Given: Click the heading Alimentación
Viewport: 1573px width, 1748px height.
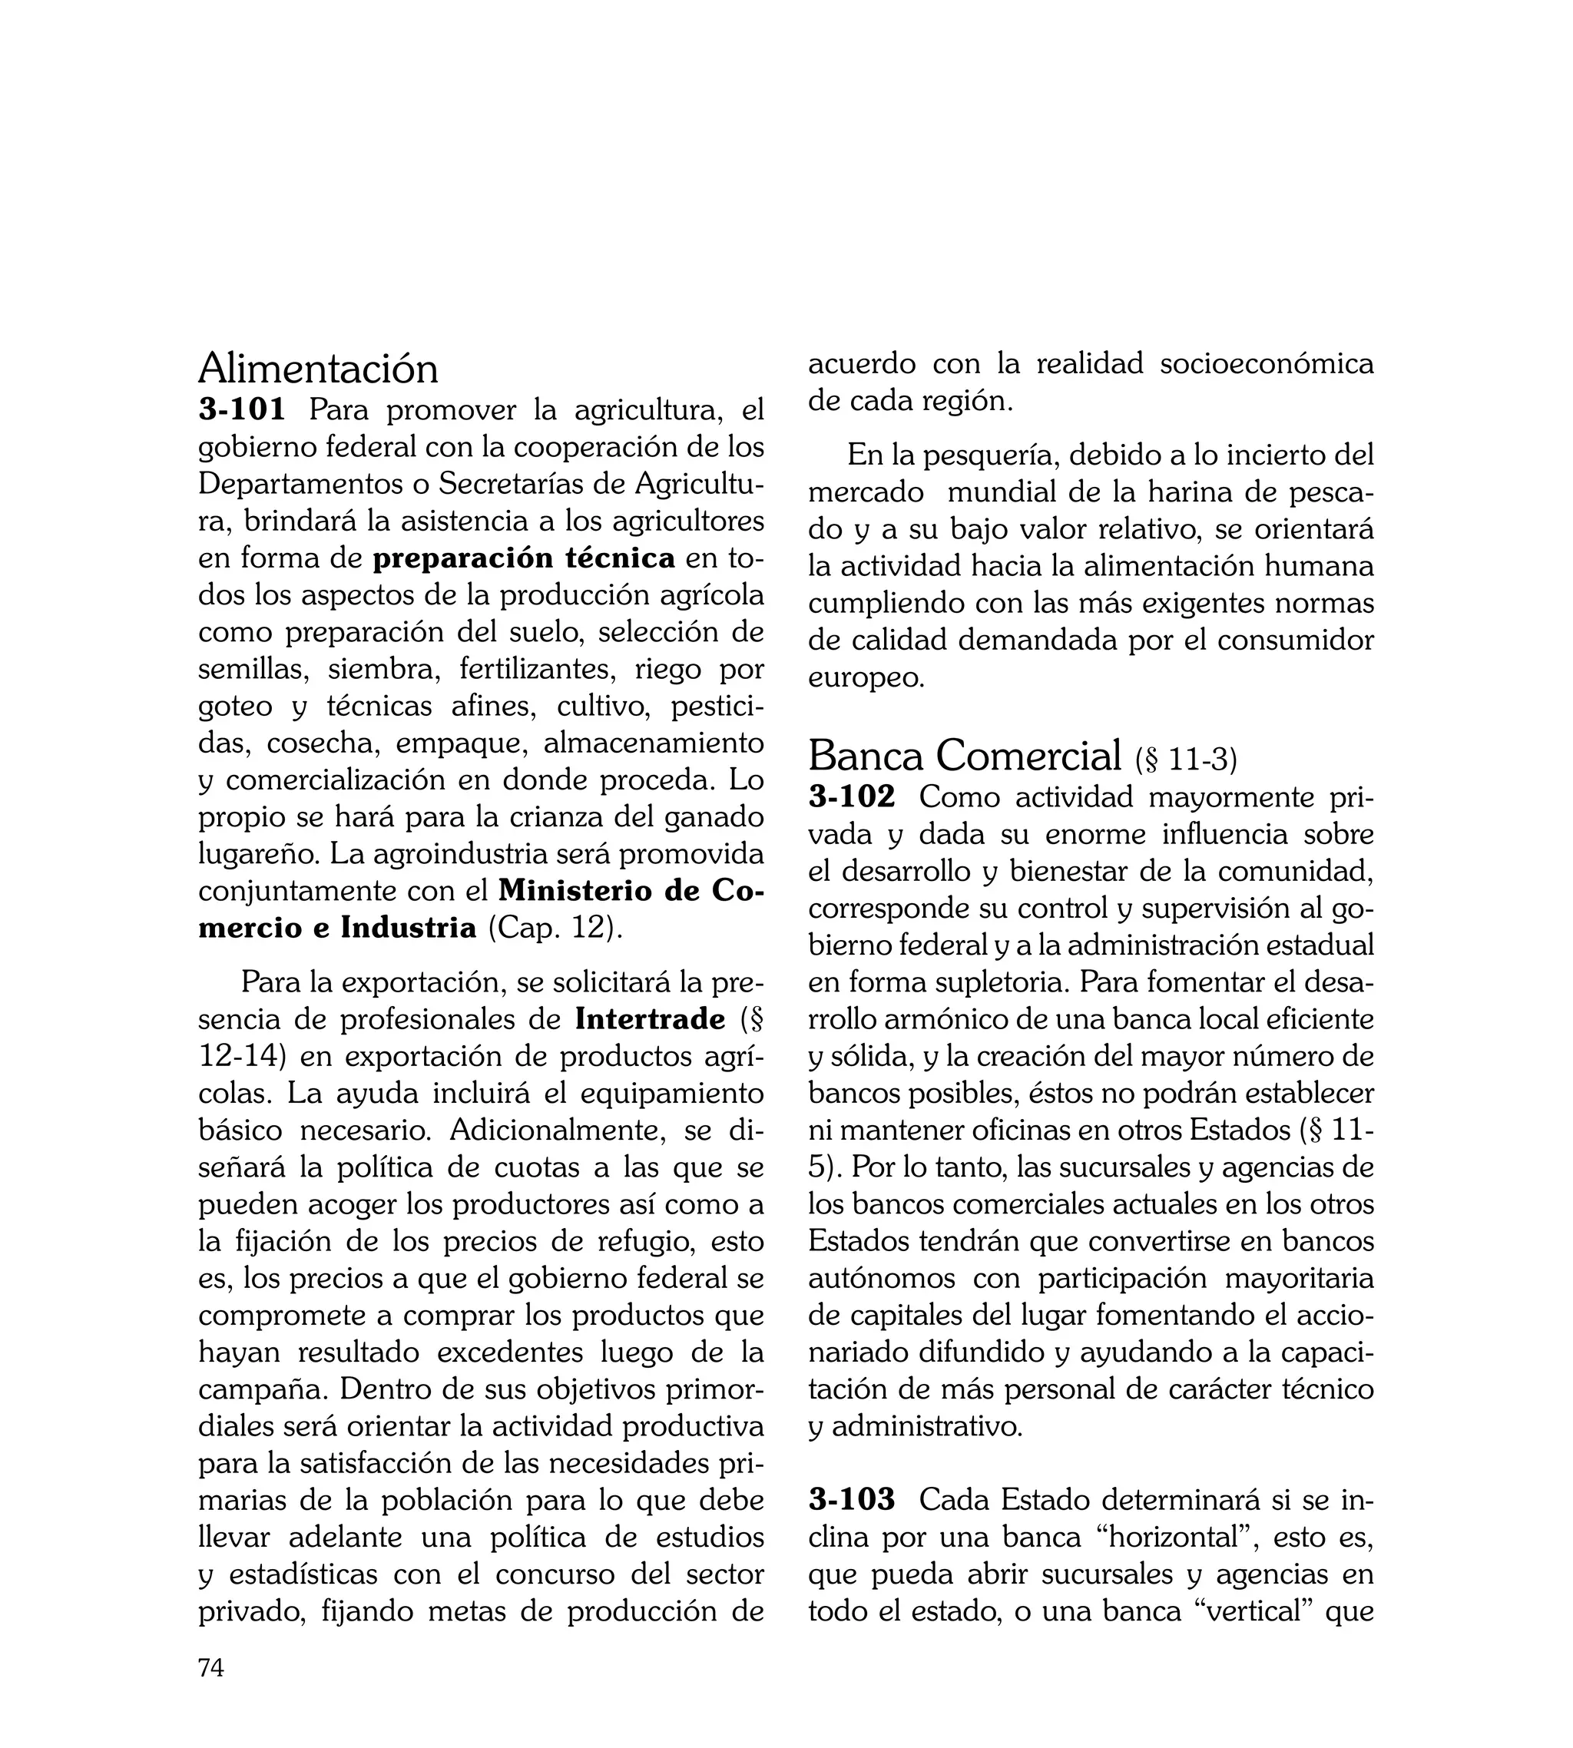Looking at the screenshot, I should click(318, 369).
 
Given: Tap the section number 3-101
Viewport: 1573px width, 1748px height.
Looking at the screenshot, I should click(242, 409).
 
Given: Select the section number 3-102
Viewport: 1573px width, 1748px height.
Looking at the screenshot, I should click(853, 796).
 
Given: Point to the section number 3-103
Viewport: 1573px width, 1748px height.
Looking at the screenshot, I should click(853, 1499).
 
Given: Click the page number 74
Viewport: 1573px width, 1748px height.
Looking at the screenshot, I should click(211, 1668).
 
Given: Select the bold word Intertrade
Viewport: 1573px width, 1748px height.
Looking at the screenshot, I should click(650, 1020).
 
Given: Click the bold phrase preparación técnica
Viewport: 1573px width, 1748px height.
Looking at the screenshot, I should click(524, 558).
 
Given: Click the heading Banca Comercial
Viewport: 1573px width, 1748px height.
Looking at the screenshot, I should click(965, 757).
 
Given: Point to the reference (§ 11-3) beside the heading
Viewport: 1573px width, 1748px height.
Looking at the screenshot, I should click(1186, 760).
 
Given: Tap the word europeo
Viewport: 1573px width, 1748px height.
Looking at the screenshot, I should click(866, 678).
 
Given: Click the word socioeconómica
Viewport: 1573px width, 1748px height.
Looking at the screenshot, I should click(1267, 364).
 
